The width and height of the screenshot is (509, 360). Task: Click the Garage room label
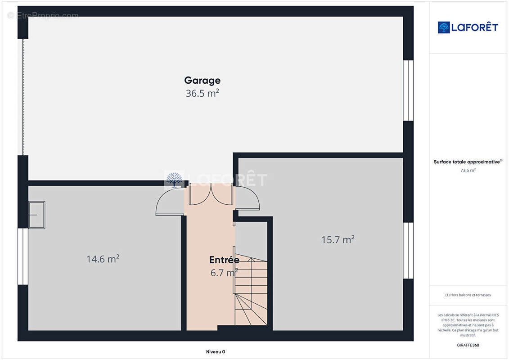pyautogui.click(x=202, y=81)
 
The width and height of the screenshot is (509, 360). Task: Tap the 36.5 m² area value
pyautogui.click(x=202, y=94)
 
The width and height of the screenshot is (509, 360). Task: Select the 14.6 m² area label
pyautogui.click(x=103, y=259)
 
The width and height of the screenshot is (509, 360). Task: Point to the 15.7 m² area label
pyautogui.click(x=338, y=240)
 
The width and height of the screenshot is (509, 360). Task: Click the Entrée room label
pyautogui.click(x=224, y=260)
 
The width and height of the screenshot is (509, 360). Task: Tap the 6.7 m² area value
pyautogui.click(x=224, y=273)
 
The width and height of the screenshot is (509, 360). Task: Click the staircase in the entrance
pyautogui.click(x=251, y=290)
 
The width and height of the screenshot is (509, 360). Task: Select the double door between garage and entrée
pyautogui.click(x=209, y=194)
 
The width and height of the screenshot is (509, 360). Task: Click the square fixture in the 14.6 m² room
pyautogui.click(x=36, y=215)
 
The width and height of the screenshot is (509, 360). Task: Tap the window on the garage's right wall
pyautogui.click(x=408, y=90)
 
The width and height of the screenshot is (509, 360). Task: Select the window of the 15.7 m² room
pyautogui.click(x=408, y=251)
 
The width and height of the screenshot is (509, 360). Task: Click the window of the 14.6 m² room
pyautogui.click(x=23, y=256)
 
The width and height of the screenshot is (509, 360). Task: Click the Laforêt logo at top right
pyautogui.click(x=468, y=27)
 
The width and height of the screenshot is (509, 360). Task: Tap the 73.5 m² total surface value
pyautogui.click(x=468, y=171)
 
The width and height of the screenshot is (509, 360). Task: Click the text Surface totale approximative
pyautogui.click(x=468, y=162)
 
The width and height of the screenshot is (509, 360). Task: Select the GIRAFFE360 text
pyautogui.click(x=468, y=345)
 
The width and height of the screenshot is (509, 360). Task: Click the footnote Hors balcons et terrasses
pyautogui.click(x=468, y=295)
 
